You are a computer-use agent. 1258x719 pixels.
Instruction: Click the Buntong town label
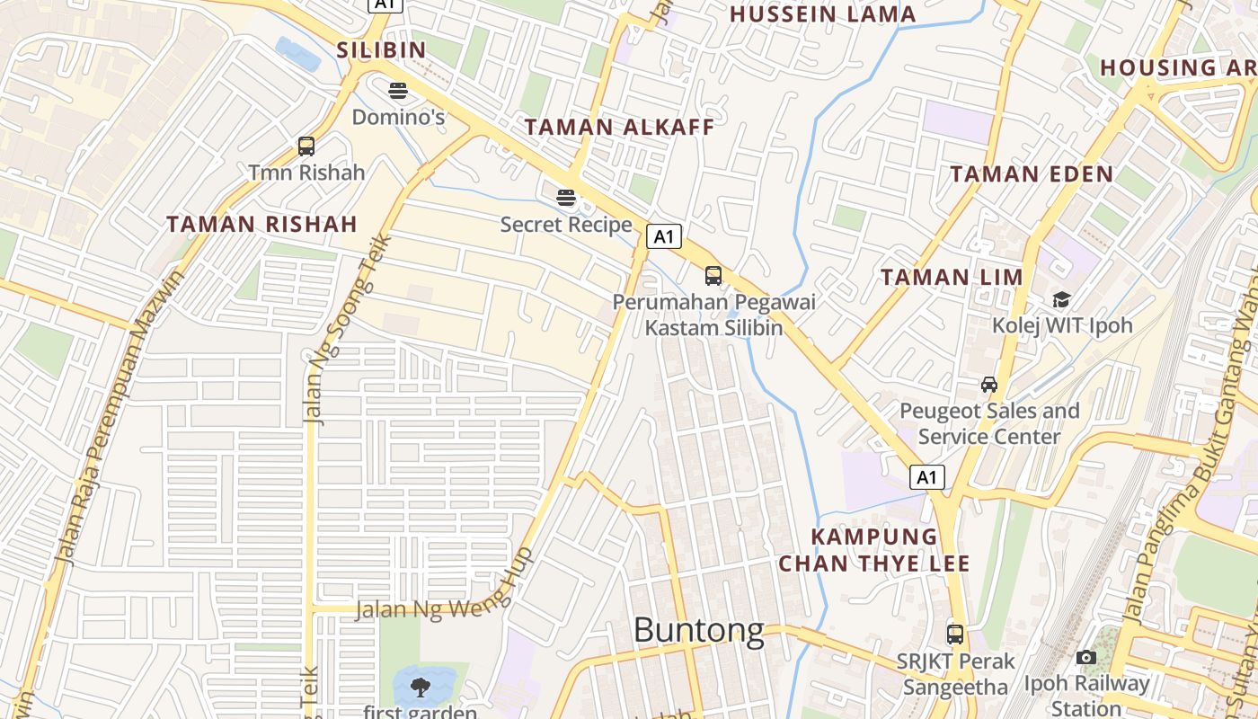tap(698, 630)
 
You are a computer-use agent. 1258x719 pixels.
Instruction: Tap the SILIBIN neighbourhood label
tap(381, 49)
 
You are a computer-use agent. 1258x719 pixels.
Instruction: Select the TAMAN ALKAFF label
tap(619, 127)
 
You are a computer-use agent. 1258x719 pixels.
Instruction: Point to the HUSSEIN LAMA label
tap(822, 14)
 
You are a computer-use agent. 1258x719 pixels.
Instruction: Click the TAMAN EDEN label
tap(1032, 174)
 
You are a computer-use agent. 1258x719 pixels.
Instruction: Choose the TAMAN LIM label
tap(952, 277)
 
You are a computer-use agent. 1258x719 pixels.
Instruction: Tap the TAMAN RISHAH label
tap(261, 224)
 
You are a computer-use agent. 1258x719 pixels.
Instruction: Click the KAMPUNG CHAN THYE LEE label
tap(874, 550)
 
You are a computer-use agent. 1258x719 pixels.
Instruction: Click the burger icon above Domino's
tap(398, 90)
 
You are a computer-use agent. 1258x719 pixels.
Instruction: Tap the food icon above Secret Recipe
tap(565, 197)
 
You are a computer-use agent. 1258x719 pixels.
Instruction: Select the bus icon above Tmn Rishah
tap(306, 146)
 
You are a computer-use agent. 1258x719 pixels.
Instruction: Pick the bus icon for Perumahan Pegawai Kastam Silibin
tap(713, 276)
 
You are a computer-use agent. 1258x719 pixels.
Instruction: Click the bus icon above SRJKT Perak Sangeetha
tap(955, 635)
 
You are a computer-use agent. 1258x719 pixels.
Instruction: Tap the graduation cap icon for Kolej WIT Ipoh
tap(1061, 299)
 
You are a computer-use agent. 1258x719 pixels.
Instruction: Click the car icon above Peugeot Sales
tap(989, 385)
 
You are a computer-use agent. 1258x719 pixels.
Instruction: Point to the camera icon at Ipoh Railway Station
tap(1085, 658)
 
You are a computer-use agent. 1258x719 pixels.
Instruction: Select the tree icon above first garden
tap(420, 688)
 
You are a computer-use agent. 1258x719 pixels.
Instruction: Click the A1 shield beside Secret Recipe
tap(663, 237)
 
